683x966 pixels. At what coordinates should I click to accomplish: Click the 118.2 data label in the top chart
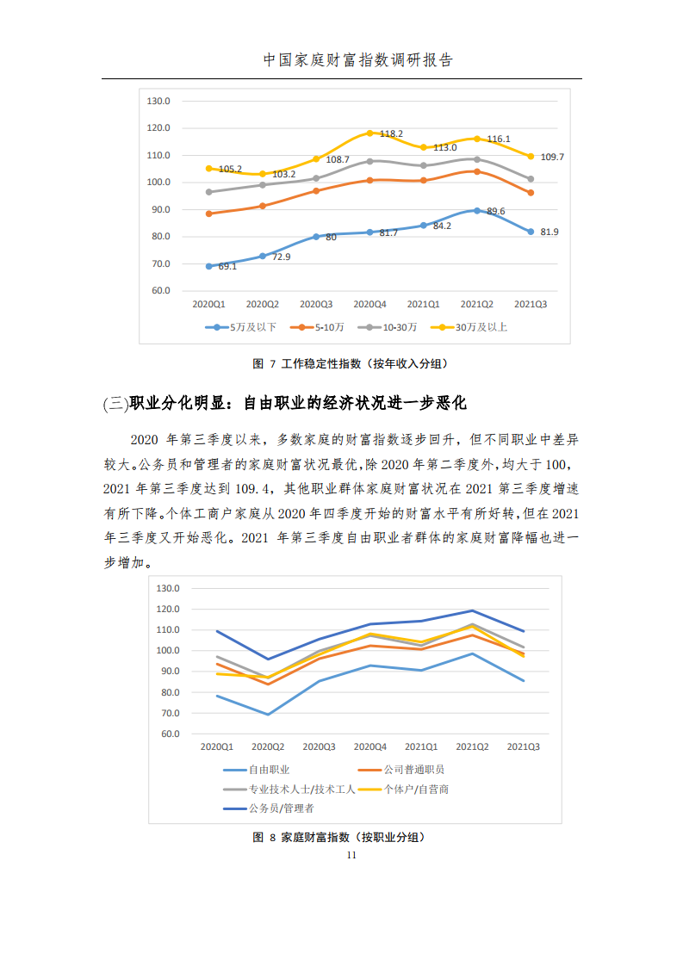[392, 134]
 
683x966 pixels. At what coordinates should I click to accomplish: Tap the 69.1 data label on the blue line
[227, 267]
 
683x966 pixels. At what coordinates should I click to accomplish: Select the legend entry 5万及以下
[252, 327]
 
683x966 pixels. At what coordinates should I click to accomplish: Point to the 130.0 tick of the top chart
[159, 101]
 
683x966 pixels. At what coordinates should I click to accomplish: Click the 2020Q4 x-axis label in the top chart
[369, 304]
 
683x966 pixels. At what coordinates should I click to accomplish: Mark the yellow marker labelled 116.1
[476, 139]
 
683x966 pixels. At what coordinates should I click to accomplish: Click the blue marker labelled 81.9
[531, 232]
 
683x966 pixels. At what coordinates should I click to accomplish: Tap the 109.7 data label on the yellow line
[552, 158]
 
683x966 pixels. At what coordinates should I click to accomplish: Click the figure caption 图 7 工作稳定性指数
[350, 364]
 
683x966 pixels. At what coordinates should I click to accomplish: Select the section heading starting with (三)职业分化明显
[284, 403]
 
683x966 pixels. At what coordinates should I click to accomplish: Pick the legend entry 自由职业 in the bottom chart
[269, 770]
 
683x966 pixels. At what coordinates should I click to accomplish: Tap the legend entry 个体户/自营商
[416, 789]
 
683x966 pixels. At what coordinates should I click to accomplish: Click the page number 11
[351, 855]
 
